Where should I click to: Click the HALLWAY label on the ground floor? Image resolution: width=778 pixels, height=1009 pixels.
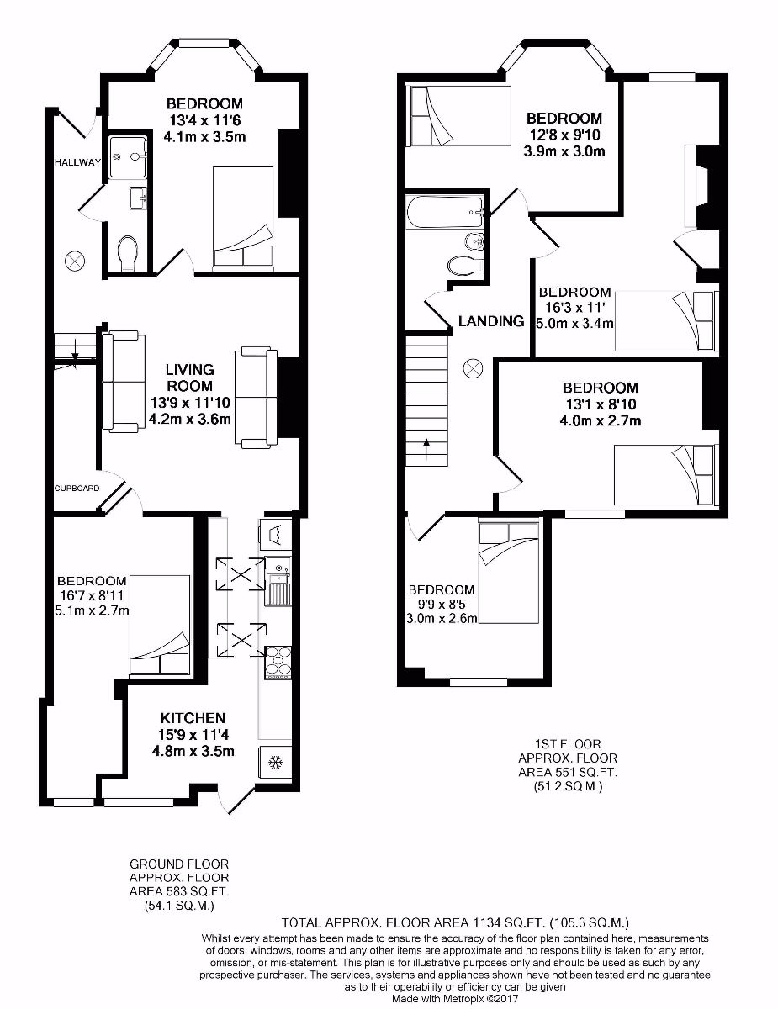click(78, 162)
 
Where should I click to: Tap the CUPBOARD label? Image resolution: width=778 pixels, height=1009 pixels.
click(77, 488)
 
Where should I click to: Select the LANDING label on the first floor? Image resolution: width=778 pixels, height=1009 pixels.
click(491, 321)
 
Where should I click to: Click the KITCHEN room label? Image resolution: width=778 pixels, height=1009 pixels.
click(193, 718)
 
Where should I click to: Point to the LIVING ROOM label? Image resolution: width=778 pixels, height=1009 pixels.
click(189, 378)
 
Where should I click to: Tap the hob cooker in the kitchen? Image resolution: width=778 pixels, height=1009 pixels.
click(278, 662)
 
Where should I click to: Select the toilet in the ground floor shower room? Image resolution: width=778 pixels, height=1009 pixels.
click(128, 254)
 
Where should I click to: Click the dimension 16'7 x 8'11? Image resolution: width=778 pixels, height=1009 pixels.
click(92, 595)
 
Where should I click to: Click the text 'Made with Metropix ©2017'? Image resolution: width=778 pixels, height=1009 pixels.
click(455, 1000)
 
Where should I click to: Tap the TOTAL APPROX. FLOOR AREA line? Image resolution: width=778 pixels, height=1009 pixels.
click(455, 922)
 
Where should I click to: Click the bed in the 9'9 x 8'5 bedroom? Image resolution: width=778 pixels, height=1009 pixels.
click(508, 572)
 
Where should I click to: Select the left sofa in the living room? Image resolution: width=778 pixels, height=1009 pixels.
click(120, 382)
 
